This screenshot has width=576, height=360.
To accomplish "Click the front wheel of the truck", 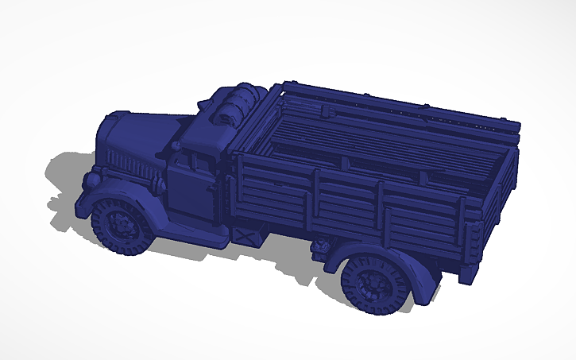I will (122, 226).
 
